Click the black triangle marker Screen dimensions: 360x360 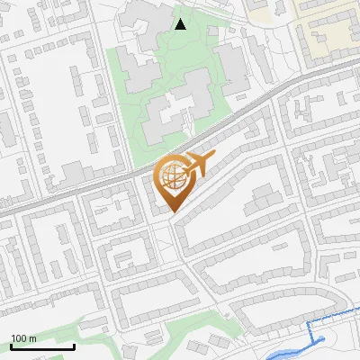pyautogui.click(x=181, y=24)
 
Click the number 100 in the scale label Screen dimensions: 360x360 pyautogui.click(x=19, y=337)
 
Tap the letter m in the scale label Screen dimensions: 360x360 pyautogui.click(x=33, y=337)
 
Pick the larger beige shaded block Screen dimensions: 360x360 pyautogui.click(x=329, y=36)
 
